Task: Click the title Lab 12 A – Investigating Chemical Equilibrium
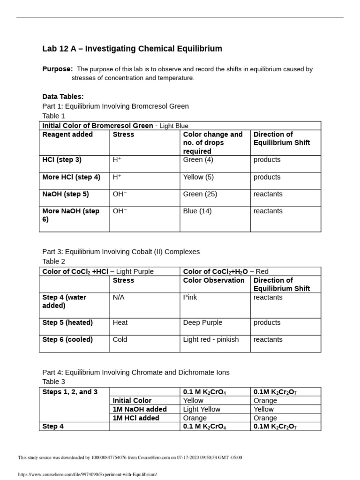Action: point(132,49)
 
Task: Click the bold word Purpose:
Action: point(57,69)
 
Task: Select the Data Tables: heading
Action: point(63,97)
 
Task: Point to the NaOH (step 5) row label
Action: point(66,194)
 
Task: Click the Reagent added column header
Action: point(67,135)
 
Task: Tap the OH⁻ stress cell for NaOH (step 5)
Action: point(120,194)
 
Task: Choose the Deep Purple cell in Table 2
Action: point(202,322)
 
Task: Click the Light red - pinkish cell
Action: point(211,339)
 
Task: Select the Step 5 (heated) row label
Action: point(67,322)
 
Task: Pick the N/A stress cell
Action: point(119,297)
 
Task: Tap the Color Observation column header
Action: point(214,280)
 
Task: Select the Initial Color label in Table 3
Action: point(132,401)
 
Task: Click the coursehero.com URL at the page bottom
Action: point(87,474)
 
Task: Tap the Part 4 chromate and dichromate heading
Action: point(136,373)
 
